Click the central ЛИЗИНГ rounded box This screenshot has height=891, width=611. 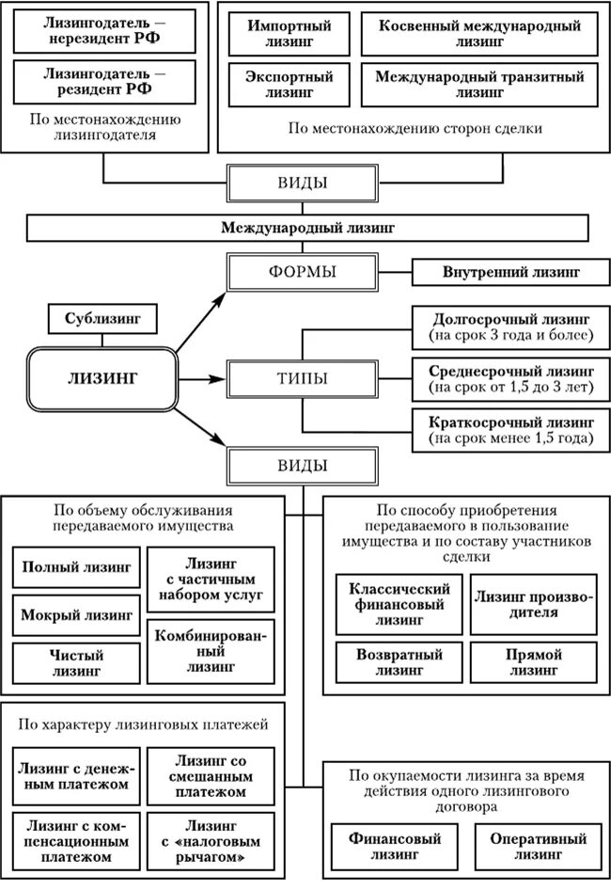tap(103, 377)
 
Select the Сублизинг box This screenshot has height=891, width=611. tap(103, 319)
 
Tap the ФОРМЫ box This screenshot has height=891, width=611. tap(303, 273)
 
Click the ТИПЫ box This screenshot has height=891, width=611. tap(303, 379)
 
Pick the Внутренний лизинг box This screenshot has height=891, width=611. tap(511, 273)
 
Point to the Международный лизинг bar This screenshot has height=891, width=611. tap(307, 228)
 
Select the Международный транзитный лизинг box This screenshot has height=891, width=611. tap(479, 85)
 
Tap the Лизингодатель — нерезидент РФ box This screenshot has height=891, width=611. tap(105, 32)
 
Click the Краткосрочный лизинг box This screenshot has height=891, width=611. tap(511, 430)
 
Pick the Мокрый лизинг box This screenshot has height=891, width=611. tap(77, 617)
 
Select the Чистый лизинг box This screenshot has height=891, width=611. tap(77, 663)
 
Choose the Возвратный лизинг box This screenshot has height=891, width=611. tap(399, 662)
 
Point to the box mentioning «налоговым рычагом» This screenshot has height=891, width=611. tap(211, 842)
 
